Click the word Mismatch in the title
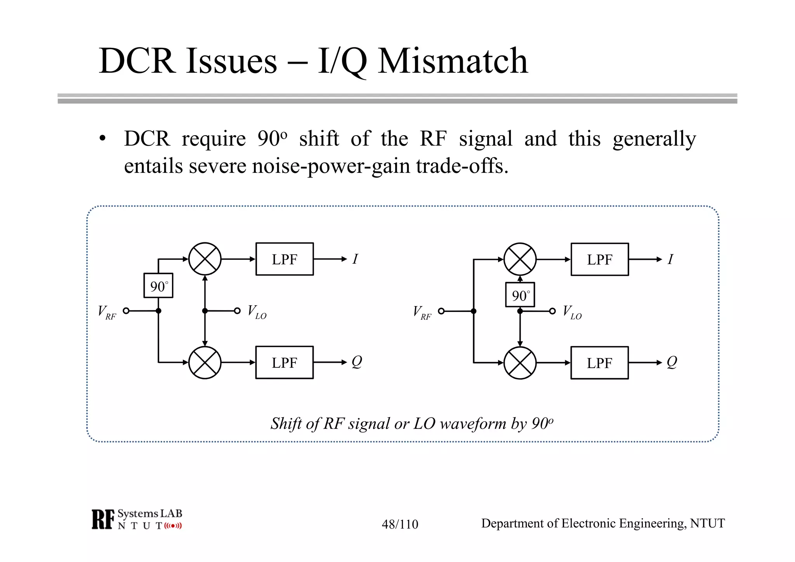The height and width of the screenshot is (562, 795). point(453,61)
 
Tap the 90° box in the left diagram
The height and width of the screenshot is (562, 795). point(158,286)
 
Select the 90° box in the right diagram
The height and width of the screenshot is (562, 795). point(520,295)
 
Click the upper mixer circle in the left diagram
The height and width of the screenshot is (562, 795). point(205,259)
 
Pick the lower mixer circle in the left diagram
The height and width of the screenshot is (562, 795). point(205,362)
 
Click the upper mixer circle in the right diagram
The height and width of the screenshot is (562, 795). point(520,259)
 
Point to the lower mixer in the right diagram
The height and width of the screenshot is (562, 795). point(520,363)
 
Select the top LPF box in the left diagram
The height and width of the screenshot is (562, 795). point(285,259)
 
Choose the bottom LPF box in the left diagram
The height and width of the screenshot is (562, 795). point(285,362)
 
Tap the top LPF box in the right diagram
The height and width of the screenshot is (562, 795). point(600,259)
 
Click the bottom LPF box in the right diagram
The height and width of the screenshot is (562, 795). point(600,363)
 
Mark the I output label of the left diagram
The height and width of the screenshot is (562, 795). point(355,259)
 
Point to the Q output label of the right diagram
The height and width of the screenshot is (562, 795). point(672,362)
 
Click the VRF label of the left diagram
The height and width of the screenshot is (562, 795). point(106,312)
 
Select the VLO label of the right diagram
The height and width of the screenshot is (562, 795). point(572,312)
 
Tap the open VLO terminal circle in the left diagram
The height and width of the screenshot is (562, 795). point(237,311)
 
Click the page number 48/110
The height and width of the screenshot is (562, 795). point(400,524)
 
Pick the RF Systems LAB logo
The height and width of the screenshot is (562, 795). point(137,519)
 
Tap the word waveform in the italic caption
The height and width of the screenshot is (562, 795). point(474,423)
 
